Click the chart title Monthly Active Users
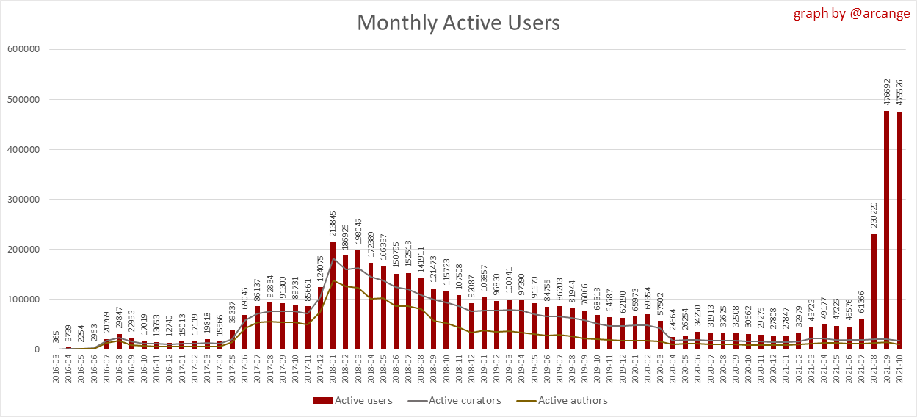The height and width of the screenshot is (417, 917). click(458, 23)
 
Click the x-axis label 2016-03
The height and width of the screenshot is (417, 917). click(57, 370)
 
